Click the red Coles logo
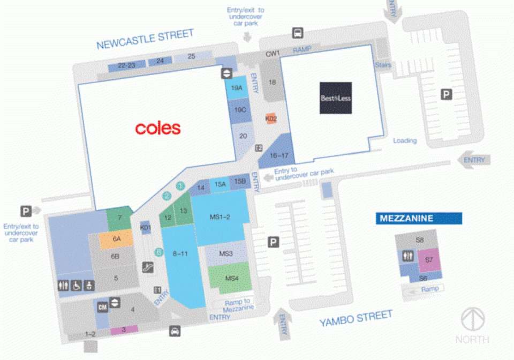tap(158, 128)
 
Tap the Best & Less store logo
tap(336, 98)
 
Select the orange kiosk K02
tap(271, 118)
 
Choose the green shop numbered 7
tap(120, 217)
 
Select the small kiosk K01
tap(145, 228)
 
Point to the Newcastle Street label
tap(145, 39)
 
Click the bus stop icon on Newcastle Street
tap(297, 33)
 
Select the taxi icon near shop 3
tap(175, 331)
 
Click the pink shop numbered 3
tap(123, 330)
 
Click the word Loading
tap(405, 141)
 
